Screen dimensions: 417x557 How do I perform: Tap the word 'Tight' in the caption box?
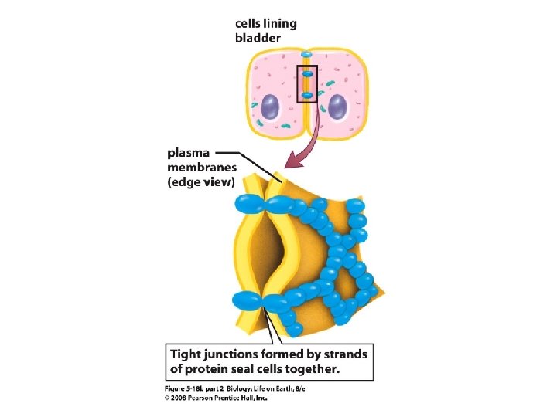[x=189, y=354]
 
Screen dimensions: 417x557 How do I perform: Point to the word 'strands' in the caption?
[x=344, y=354]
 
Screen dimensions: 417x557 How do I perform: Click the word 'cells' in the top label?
[x=251, y=23]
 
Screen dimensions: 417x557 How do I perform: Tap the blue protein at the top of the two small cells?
[x=306, y=56]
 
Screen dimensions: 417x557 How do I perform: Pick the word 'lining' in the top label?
[x=285, y=23]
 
